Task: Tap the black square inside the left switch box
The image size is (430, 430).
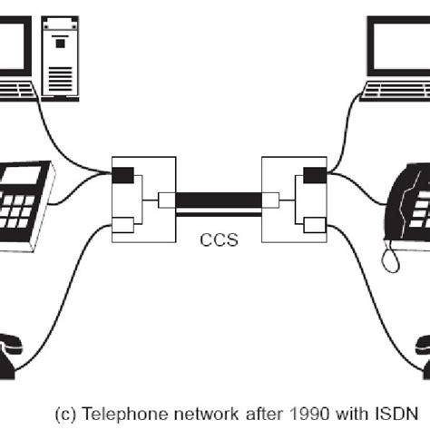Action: point(122,175)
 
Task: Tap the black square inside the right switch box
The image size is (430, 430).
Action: point(315,175)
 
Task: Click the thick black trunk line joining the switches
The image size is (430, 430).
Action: point(218,200)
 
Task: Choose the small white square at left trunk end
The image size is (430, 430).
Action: point(165,200)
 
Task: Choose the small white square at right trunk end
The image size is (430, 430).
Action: point(269,200)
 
